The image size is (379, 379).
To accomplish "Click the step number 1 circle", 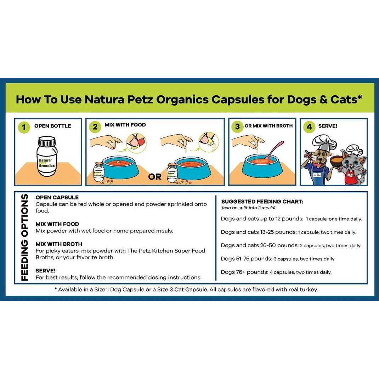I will pos(23,127).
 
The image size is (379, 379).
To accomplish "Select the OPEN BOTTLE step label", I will pos(52,126).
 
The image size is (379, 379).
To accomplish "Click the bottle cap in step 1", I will pos(47,142).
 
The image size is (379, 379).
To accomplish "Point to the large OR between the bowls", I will pos(155,176).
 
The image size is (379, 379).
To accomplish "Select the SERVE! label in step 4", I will pos(328,126).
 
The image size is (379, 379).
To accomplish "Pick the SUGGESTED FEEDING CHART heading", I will pos(262,202).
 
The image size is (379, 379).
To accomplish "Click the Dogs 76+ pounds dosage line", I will pos(276,272).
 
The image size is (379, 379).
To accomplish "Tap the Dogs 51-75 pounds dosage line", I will pos(278,259).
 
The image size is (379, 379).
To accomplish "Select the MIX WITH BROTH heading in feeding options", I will pos(59,244).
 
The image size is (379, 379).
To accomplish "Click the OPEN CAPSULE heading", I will pos(57,197).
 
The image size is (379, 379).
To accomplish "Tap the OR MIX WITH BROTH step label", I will pos(268,126).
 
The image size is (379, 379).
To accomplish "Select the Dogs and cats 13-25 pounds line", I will pos(288,232).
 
